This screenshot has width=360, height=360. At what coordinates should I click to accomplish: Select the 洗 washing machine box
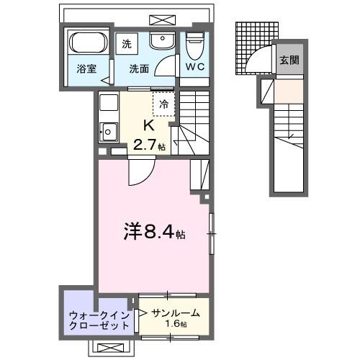click(x=127, y=43)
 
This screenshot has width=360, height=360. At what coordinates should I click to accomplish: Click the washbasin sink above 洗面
click(x=163, y=42)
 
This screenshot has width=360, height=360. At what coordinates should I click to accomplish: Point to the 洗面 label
click(x=140, y=70)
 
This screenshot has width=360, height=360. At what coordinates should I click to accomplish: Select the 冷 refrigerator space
click(x=163, y=103)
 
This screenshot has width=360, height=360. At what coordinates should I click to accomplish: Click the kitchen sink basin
click(x=109, y=131)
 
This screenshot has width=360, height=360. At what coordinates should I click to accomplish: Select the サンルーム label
click(x=176, y=313)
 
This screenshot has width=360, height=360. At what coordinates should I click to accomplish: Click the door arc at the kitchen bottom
click(x=140, y=173)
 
